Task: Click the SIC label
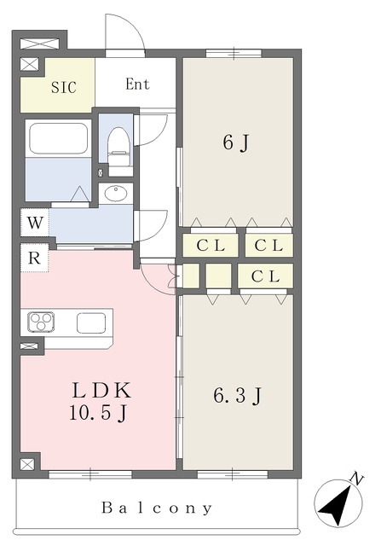[x=64, y=87]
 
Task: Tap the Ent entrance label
[x=137, y=84]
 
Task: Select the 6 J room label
[x=236, y=142]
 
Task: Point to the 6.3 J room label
[x=237, y=396]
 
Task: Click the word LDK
[x=101, y=391]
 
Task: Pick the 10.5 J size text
[x=98, y=413]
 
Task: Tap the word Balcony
[x=157, y=508]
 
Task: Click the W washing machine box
[x=35, y=222]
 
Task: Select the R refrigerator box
[x=34, y=258]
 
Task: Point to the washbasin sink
[x=116, y=194]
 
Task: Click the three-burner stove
[x=42, y=322]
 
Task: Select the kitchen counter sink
[x=91, y=323]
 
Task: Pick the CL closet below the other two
[x=265, y=276]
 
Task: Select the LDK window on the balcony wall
[x=90, y=474]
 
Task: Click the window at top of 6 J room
[x=234, y=53]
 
